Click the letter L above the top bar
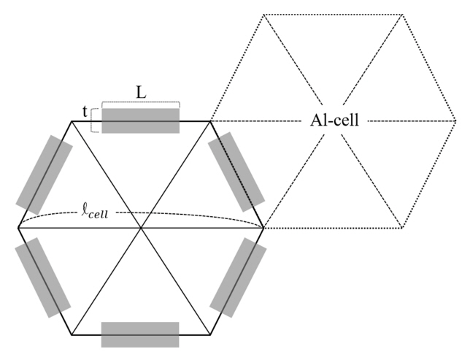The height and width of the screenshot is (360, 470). point(139,92)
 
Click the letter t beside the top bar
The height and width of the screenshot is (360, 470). point(85,114)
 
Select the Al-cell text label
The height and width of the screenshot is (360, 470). point(333,120)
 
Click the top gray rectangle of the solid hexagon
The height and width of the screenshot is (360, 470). point(140,120)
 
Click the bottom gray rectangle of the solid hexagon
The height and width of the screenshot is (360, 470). point(140,334)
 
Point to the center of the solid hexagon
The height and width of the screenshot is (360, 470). point(141,228)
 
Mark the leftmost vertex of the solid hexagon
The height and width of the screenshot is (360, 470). point(18,228)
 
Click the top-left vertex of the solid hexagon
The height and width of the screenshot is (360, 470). point(71,121)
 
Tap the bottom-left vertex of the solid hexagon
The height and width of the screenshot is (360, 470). point(71,335)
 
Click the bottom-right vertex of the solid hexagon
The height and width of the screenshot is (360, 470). point(211,335)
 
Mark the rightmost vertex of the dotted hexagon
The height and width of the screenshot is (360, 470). point(455,121)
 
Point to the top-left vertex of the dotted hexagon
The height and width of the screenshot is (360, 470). point(264,15)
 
